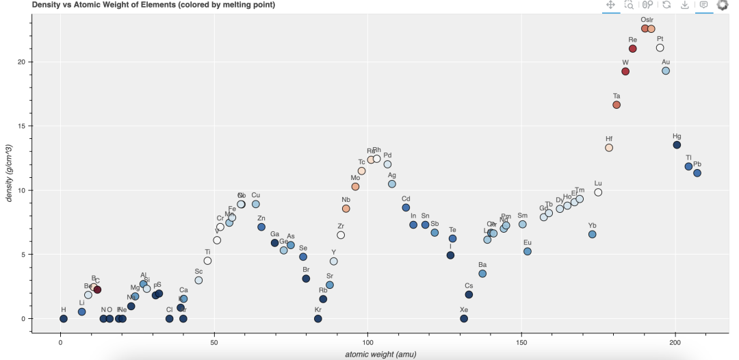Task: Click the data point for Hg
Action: (677, 145)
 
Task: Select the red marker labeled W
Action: (625, 71)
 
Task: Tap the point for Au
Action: (666, 70)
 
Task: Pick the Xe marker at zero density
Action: (464, 318)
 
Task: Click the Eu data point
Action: (528, 251)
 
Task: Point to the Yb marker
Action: (593, 234)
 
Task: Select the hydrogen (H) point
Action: (64, 318)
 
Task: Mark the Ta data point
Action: (617, 105)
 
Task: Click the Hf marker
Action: (609, 147)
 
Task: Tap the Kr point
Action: (318, 318)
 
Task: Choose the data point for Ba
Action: (482, 273)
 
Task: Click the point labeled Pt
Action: (660, 48)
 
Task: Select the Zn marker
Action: (261, 227)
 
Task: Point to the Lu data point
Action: (598, 192)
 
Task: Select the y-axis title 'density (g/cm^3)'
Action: (9, 172)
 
